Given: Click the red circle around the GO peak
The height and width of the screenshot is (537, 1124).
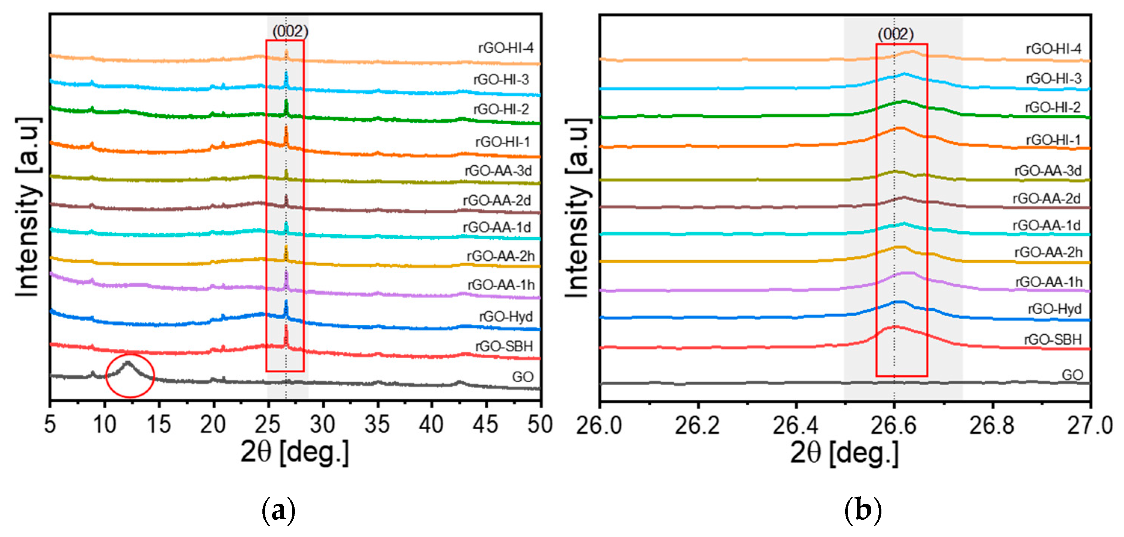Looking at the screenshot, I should tap(130, 376).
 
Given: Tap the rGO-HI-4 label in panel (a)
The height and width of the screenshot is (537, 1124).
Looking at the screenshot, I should tap(505, 48).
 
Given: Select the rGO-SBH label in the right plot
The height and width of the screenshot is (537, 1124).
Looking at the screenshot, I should tap(1053, 339).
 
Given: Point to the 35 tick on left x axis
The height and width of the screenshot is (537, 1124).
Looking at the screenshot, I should tap(377, 424).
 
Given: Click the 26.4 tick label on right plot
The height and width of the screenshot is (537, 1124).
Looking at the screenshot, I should tap(795, 425).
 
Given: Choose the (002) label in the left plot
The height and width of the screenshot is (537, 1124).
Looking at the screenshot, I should tap(290, 31).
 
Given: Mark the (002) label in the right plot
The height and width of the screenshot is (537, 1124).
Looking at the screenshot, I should tap(895, 34).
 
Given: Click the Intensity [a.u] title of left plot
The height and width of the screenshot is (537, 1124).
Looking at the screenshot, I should tap(28, 208).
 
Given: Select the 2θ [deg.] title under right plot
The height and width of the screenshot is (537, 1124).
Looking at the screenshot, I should tap(844, 452).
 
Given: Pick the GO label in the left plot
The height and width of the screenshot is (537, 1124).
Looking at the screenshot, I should tap(522, 377).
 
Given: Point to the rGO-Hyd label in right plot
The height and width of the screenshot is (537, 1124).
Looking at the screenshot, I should tap(1054, 309).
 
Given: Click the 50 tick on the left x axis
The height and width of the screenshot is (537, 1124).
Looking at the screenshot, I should tap(540, 424).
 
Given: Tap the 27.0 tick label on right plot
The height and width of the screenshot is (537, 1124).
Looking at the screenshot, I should tap(1090, 425).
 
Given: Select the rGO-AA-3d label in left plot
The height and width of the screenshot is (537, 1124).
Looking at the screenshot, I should tap(498, 171).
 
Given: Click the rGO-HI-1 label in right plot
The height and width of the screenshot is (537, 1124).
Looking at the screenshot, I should tap(1053, 140).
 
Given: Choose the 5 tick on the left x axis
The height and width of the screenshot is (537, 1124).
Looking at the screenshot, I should tap(50, 424).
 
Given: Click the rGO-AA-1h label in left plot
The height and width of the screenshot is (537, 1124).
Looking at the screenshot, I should tap(501, 285).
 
